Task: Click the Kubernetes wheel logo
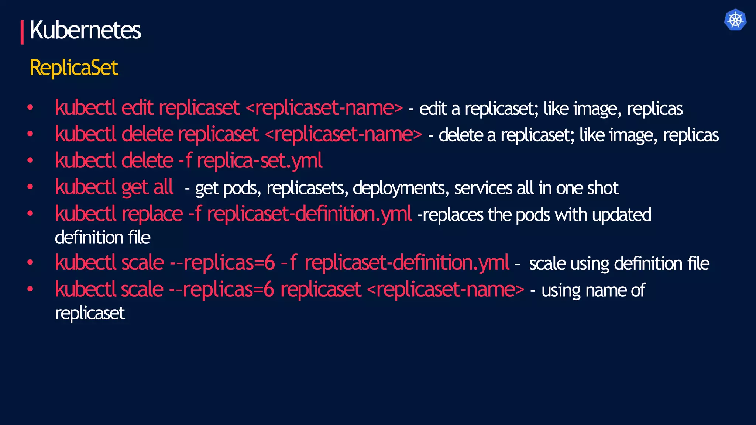(735, 20)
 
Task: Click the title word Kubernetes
(85, 30)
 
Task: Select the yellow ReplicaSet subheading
(74, 68)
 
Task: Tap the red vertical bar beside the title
(22, 32)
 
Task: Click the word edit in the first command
(137, 108)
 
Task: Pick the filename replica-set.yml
(260, 161)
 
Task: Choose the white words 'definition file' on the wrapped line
(103, 238)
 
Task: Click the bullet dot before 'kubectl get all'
(30, 187)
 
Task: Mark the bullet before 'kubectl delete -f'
(30, 160)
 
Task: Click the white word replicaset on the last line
(90, 314)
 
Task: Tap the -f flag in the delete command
(185, 161)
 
